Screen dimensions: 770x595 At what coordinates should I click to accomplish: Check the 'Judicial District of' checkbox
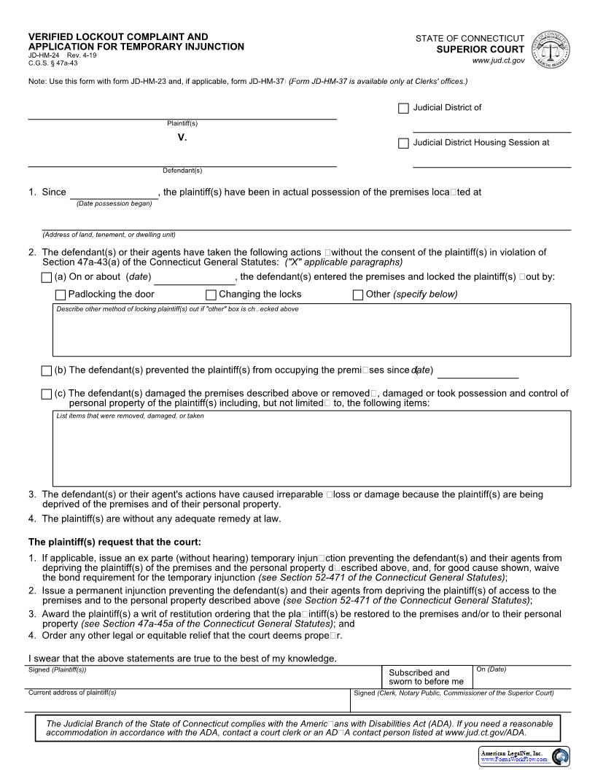[x=403, y=109]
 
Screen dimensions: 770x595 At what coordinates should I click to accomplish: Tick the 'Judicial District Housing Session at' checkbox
[x=403, y=144]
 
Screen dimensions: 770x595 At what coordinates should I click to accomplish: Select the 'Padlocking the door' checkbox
[x=61, y=295]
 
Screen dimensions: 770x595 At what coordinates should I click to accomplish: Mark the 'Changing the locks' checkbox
[x=211, y=295]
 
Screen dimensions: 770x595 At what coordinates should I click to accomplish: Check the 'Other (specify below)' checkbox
[x=358, y=295]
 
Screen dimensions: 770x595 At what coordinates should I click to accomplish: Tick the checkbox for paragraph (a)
[x=47, y=277]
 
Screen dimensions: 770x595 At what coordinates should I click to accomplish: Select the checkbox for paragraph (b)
[x=47, y=370]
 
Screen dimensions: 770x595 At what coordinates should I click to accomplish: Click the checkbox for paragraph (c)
[x=47, y=394]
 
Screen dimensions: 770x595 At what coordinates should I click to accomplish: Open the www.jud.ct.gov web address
[x=498, y=61]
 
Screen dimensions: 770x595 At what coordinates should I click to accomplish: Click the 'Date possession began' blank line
[x=114, y=192]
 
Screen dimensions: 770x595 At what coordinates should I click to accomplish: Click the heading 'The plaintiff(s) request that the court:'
[x=114, y=542]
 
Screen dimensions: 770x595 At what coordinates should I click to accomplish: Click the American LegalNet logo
[x=524, y=756]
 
